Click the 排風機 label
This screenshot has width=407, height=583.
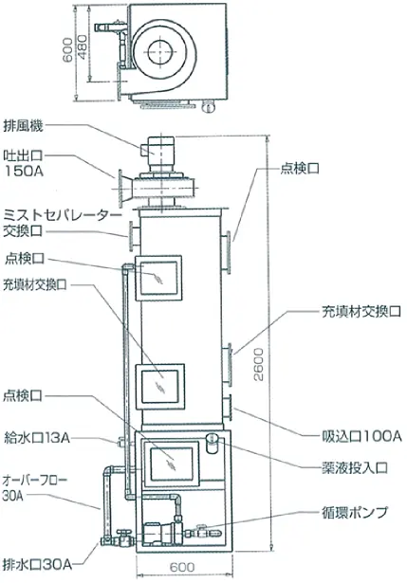tap(23, 126)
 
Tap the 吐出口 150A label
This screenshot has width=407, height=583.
tap(23, 163)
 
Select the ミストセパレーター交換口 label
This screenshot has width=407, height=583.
tap(62, 224)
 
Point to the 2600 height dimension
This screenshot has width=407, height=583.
tap(259, 364)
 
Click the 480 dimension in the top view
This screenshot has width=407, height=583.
tap(83, 47)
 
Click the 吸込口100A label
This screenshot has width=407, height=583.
tap(361, 436)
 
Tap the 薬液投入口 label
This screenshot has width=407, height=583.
tap(355, 467)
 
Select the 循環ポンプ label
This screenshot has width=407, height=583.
tap(354, 513)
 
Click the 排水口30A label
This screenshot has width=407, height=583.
tap(37, 564)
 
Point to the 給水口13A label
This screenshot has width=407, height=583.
tap(37, 437)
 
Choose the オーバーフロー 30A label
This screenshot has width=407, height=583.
tap(35, 487)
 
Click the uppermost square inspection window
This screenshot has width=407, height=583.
tap(158, 278)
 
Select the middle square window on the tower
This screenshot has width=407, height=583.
tap(160, 387)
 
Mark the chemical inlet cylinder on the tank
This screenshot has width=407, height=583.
tap(213, 443)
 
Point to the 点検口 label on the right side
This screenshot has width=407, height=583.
tap(300, 169)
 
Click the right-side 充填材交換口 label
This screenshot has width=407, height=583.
tap(361, 312)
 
